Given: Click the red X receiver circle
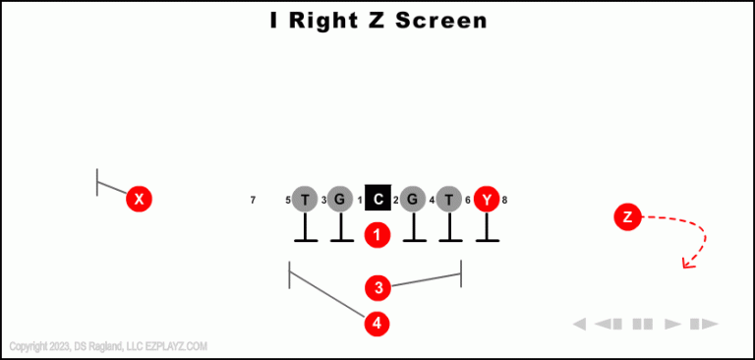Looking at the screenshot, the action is click(x=140, y=200).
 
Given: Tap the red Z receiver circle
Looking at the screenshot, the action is click(x=627, y=216).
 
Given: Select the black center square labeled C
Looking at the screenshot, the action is click(x=378, y=200).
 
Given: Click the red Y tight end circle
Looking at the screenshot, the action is click(x=487, y=200).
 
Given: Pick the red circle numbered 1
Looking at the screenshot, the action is click(x=377, y=235).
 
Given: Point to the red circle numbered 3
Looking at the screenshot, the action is click(x=377, y=288).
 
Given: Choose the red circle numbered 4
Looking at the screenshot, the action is click(x=377, y=323).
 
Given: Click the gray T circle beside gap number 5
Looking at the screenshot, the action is click(x=305, y=200).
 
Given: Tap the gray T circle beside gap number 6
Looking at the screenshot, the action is click(x=449, y=200).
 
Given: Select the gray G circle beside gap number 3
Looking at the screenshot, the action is click(x=340, y=200).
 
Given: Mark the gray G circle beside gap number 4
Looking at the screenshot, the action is click(x=413, y=200).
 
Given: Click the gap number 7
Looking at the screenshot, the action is click(x=253, y=201).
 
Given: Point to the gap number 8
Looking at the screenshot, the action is click(x=504, y=201).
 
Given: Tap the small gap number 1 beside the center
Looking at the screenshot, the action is click(x=360, y=201).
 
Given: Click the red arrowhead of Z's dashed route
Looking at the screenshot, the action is click(x=687, y=262).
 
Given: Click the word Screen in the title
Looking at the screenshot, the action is click(x=441, y=21).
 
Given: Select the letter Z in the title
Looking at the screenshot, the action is click(x=378, y=21).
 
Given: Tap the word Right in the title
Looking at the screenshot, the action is click(x=328, y=21).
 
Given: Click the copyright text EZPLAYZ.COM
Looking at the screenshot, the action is click(x=176, y=346).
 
